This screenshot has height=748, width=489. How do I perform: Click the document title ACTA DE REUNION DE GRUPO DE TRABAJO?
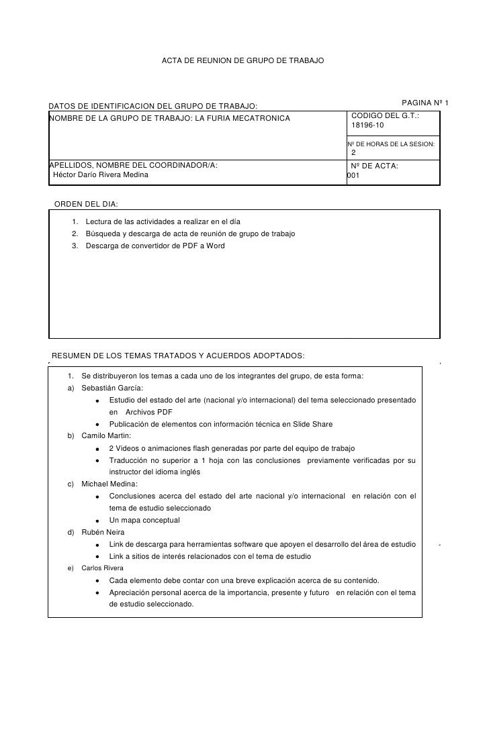[242, 61]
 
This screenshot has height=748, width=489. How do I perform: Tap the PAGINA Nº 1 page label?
[425, 103]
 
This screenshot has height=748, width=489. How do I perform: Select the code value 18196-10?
[368, 126]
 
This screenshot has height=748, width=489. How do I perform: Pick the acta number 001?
[353, 176]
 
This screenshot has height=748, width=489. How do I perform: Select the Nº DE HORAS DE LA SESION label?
[391, 144]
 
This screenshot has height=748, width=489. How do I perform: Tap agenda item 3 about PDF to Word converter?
[154, 246]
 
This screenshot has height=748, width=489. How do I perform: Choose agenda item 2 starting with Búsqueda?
[189, 233]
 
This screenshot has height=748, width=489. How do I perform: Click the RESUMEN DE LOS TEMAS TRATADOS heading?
[178, 355]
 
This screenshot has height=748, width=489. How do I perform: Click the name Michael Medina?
[109, 484]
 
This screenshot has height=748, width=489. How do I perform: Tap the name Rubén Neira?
[103, 532]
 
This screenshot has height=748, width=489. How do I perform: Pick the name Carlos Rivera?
[102, 568]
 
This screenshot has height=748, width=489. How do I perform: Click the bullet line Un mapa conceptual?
[144, 520]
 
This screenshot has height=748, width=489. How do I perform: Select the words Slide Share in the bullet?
[312, 424]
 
